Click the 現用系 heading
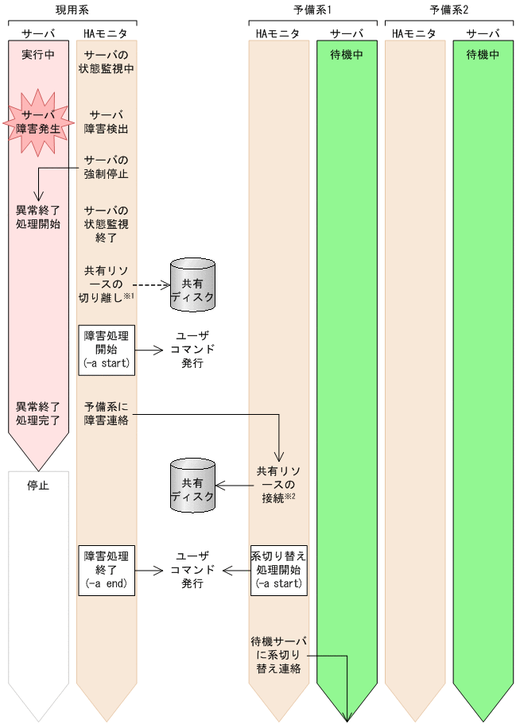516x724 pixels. (71, 10)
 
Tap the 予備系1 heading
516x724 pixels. (312, 10)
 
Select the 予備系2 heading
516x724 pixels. (448, 10)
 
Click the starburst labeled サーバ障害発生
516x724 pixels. (38, 121)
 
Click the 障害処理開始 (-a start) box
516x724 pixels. (107, 350)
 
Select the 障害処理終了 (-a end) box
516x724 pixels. (107, 570)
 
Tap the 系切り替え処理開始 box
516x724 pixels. (279, 570)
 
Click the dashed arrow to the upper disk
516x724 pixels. (151, 283)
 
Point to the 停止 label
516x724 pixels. (38, 486)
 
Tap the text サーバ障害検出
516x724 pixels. (107, 121)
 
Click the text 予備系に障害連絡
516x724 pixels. (107, 413)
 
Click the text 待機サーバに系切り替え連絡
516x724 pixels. (279, 655)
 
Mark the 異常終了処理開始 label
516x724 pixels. (38, 217)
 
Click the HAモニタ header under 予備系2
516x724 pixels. (414, 33)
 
